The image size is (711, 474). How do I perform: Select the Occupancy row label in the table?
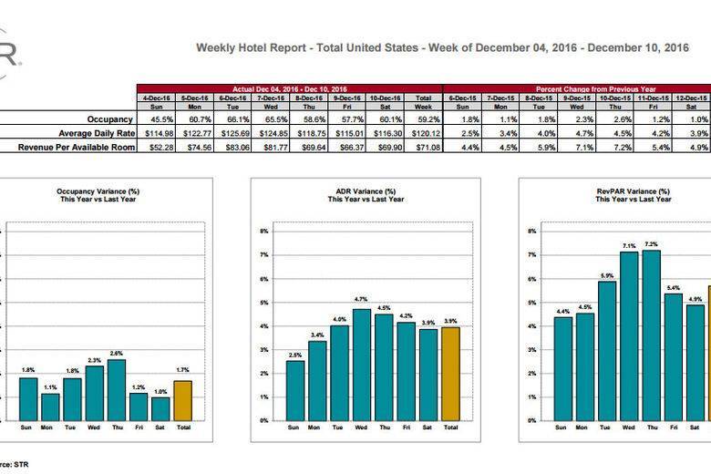click(110, 118)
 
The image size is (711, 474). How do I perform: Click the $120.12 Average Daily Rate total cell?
click(423, 132)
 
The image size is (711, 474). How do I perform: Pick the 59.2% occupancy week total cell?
click(423, 118)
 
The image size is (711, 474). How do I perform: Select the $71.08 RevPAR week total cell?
click(423, 146)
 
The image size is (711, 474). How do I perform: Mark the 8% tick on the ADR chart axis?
click(263, 232)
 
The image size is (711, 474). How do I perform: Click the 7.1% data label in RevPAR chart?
click(628, 245)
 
